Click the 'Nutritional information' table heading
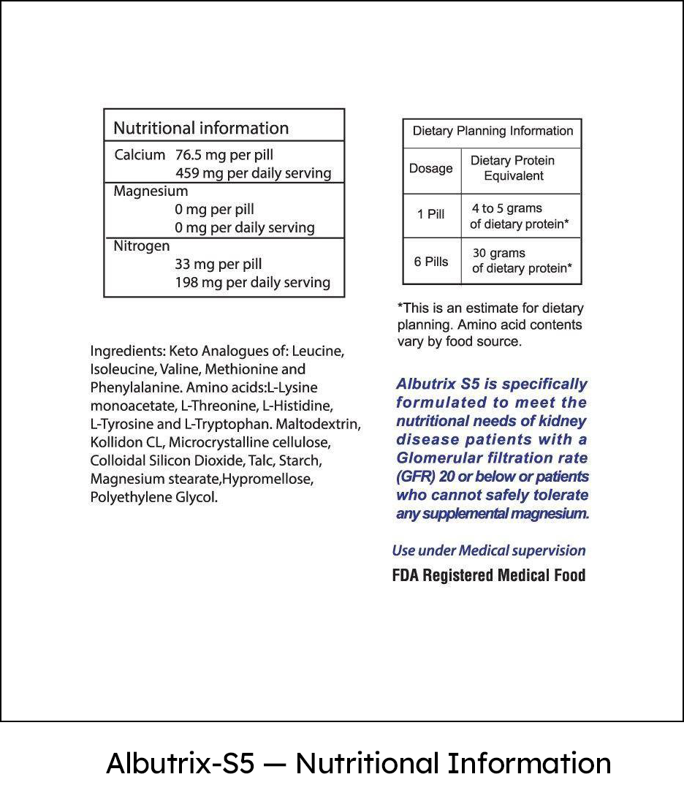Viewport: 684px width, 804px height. click(201, 128)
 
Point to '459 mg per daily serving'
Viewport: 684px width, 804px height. click(253, 173)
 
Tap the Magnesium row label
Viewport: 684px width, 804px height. click(151, 191)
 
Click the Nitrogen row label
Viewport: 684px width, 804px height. click(142, 246)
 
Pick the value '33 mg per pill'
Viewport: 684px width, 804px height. click(218, 265)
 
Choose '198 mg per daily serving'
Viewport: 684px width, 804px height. click(252, 283)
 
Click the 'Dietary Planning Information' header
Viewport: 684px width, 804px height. click(493, 132)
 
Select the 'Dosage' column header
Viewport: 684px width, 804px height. click(431, 169)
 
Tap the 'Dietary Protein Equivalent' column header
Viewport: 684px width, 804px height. click(513, 168)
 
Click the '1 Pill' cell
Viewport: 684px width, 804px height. click(431, 215)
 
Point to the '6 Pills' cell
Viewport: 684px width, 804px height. click(431, 262)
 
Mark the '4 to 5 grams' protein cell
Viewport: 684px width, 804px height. click(507, 209)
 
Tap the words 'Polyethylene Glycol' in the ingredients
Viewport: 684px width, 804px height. click(154, 498)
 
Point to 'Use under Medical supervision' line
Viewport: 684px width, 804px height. click(489, 550)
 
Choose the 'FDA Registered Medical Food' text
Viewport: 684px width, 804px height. click(489, 576)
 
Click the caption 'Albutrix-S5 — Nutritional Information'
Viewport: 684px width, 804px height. click(358, 763)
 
